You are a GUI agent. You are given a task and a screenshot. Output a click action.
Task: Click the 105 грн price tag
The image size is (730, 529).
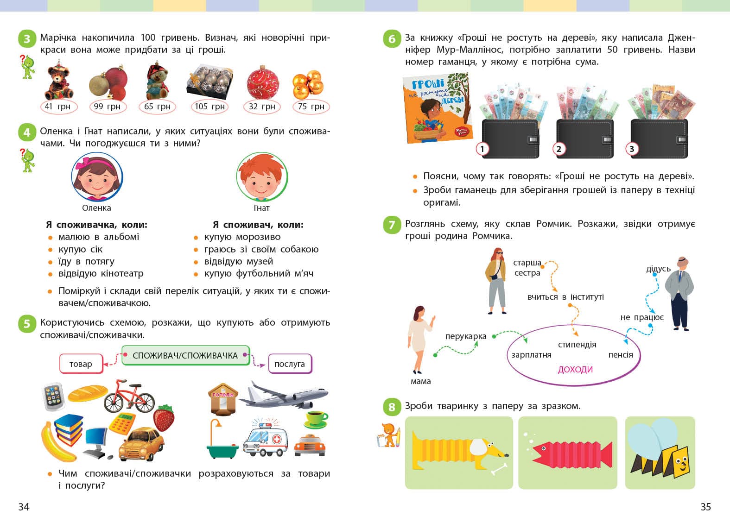209,107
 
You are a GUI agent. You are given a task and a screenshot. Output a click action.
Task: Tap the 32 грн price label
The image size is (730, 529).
262,107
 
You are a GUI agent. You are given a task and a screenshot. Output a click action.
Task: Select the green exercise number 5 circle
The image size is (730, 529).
27,324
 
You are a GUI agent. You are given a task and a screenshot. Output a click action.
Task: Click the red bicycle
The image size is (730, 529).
129,396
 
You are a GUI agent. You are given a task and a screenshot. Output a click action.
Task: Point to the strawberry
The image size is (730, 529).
164,418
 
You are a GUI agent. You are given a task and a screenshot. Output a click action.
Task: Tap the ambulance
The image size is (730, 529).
265,439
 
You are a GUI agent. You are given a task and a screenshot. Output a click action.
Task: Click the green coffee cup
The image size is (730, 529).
316,420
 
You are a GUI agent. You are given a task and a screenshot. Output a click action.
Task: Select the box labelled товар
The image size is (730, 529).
81,364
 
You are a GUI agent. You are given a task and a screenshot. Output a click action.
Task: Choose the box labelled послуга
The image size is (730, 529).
290,364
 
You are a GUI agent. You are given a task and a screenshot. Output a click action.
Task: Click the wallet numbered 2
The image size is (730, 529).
584,139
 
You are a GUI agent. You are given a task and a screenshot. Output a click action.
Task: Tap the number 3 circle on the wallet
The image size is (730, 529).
632,149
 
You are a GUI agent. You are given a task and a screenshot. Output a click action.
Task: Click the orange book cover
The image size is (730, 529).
438,108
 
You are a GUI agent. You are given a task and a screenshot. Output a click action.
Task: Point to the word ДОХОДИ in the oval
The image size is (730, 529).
575,369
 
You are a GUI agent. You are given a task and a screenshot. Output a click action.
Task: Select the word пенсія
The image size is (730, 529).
621,355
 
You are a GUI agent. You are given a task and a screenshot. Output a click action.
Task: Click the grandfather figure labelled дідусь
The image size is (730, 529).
680,294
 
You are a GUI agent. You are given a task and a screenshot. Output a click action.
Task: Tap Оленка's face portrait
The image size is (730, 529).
97,177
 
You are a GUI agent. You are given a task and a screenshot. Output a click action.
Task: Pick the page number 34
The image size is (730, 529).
24,507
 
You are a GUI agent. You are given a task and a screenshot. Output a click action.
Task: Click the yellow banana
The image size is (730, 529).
57,442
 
